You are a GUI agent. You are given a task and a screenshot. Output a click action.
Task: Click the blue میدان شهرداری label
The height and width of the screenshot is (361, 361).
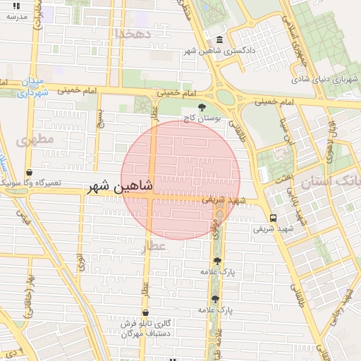34,86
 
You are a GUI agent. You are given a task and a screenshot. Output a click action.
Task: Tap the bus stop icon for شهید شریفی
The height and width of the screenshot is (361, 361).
273,218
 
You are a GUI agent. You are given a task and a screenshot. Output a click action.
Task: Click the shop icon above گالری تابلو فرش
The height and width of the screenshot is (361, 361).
145,312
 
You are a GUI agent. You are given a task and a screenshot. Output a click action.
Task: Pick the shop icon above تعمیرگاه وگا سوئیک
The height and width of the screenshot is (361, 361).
29,172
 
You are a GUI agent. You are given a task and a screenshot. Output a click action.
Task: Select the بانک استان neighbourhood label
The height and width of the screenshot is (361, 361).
331,183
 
